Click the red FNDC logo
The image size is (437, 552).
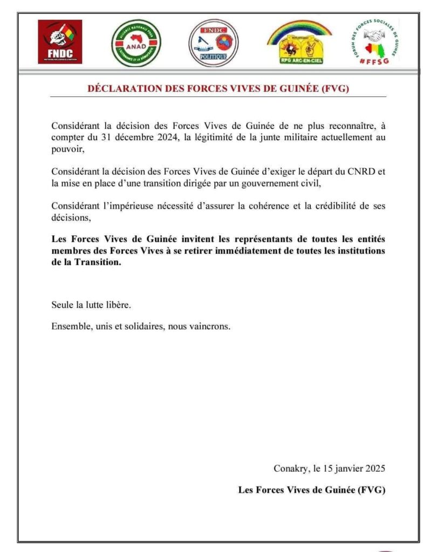coord(60,42)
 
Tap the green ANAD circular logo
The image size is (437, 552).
coord(136,43)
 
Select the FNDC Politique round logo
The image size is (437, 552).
coord(213,43)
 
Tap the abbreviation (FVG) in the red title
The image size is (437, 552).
coord(335,89)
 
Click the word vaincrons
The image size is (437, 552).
coord(210,327)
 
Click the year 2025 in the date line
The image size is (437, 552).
coord(373,468)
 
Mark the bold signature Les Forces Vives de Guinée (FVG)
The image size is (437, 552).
coord(312,490)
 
